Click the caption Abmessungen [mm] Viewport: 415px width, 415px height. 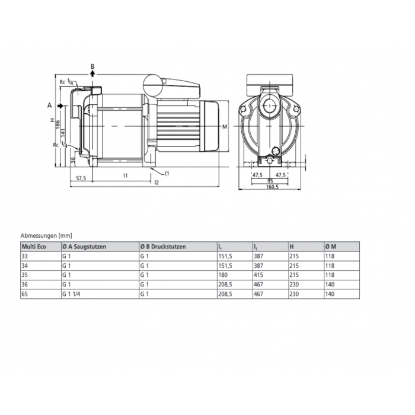(46, 235)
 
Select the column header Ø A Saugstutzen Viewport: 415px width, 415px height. (84, 247)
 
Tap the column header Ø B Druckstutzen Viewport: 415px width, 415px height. (163, 247)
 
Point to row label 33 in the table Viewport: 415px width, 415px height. (24, 256)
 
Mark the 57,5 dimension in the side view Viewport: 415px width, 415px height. (82, 177)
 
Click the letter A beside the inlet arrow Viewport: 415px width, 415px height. (49, 105)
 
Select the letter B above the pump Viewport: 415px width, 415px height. (92, 66)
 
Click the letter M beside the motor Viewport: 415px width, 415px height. (225, 127)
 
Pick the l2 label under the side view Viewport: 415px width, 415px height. (156, 183)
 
